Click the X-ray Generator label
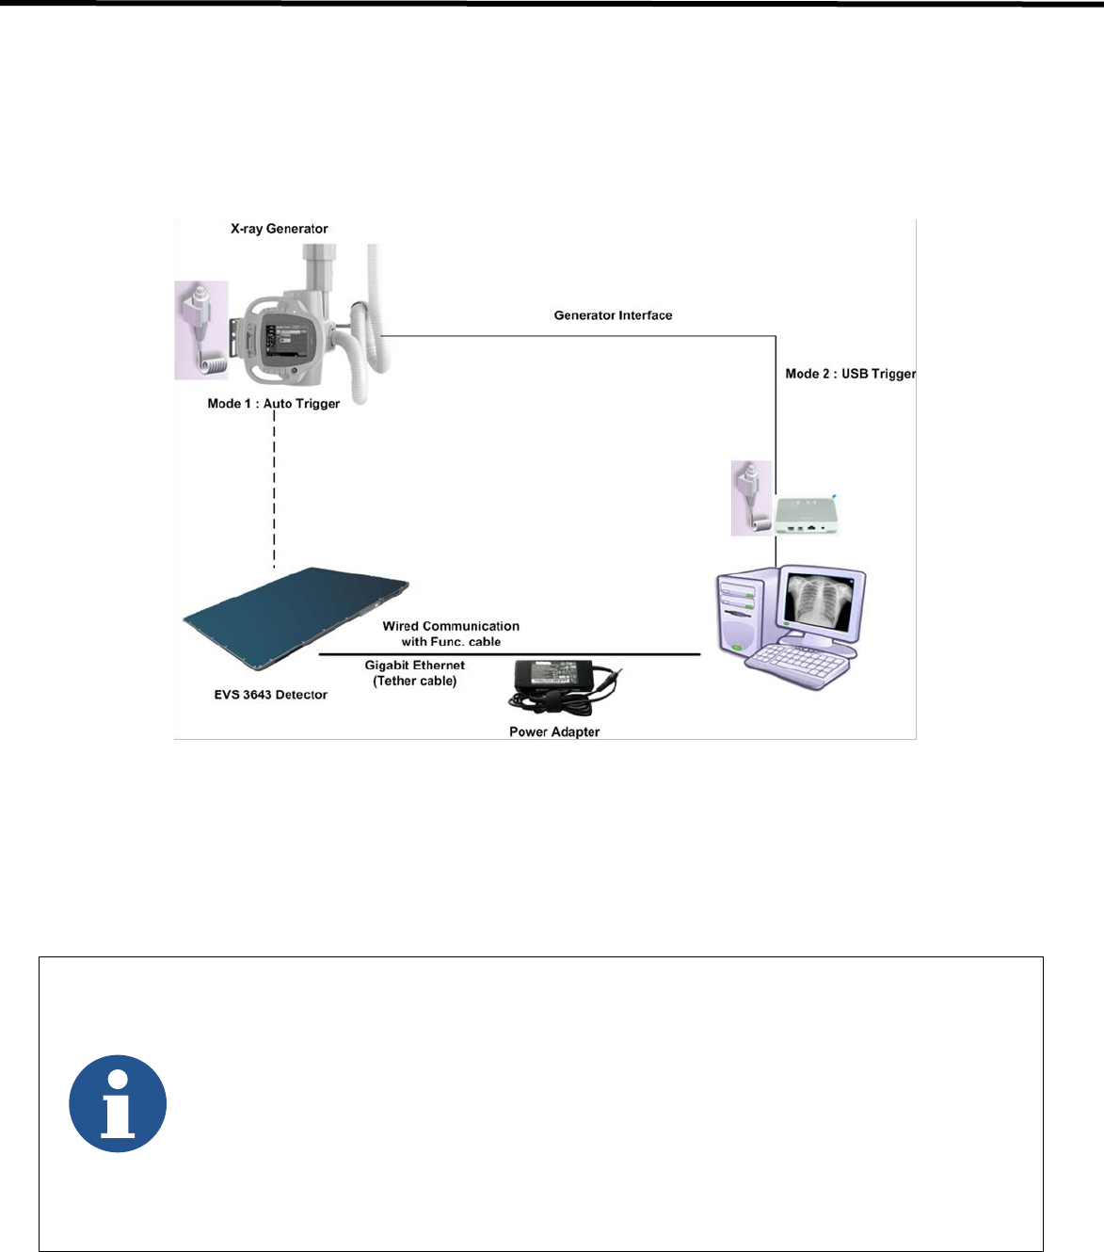tap(279, 229)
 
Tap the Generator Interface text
tap(613, 315)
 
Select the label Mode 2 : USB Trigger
tap(850, 374)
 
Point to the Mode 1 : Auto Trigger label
tap(273, 404)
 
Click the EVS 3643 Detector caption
tap(270, 695)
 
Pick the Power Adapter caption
tap(553, 731)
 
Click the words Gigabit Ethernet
tap(414, 666)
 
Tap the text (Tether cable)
tap(414, 681)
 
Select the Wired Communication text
tap(451, 626)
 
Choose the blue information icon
tap(118, 1103)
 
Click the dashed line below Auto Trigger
tap(274, 490)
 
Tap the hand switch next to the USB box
tap(752, 498)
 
